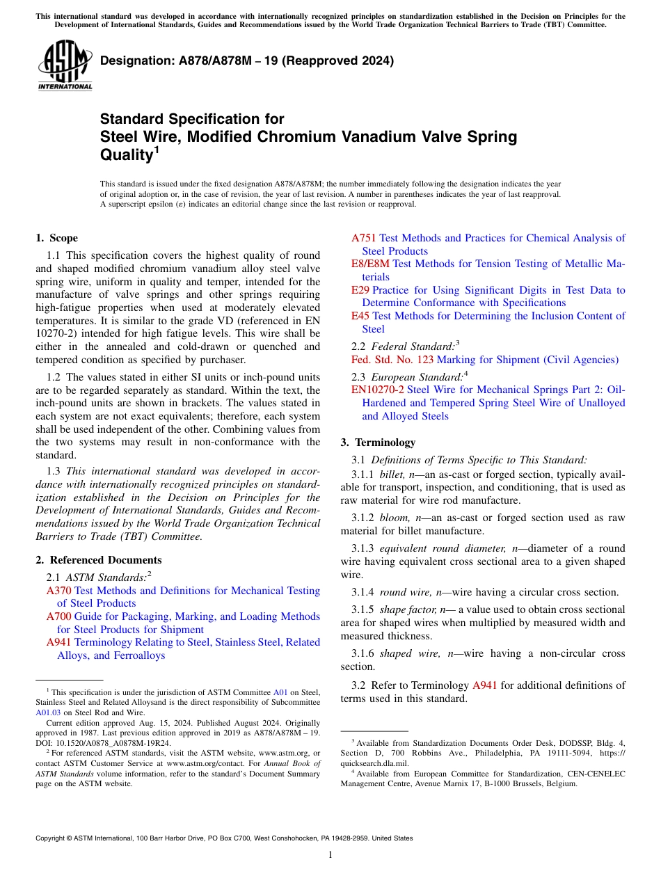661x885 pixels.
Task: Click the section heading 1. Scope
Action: (56, 238)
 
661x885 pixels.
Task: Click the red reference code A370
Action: (58, 591)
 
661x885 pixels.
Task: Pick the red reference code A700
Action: (58, 616)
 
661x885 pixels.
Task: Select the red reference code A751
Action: (364, 238)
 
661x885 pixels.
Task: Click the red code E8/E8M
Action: (370, 264)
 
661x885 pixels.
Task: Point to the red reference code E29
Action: (360, 290)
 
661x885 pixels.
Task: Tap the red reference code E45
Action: (360, 316)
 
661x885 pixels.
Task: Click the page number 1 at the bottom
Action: (330, 854)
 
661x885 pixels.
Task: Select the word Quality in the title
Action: (125, 154)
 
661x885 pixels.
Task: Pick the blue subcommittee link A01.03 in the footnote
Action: (47, 712)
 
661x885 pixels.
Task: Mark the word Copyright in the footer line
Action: (52, 838)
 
